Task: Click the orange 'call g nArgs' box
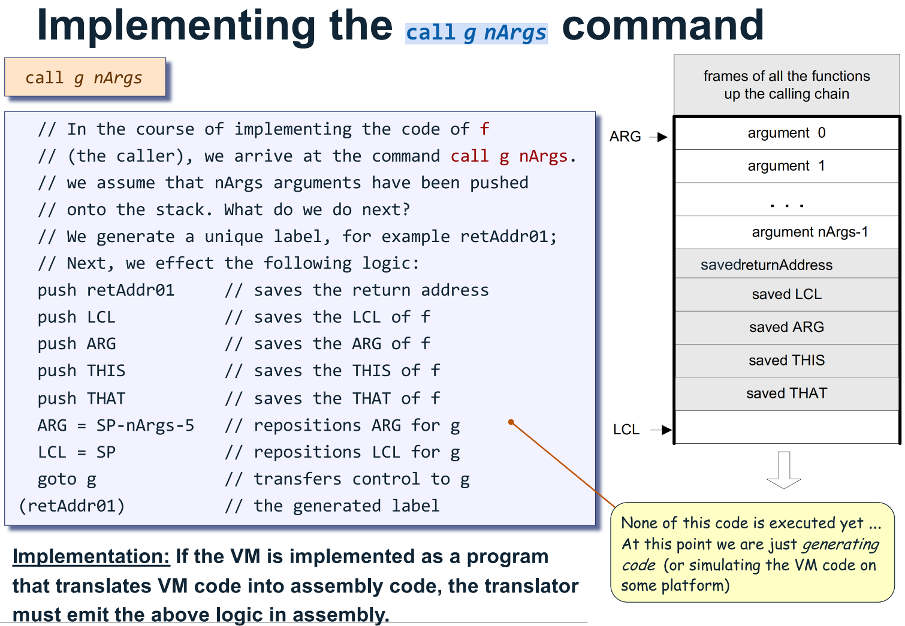point(85,77)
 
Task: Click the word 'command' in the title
point(662,25)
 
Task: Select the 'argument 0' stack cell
point(786,133)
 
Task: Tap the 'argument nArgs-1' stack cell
point(786,232)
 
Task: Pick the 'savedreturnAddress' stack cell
point(786,265)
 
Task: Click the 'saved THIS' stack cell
point(786,360)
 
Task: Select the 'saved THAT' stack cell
point(786,394)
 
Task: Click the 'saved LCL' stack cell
point(786,294)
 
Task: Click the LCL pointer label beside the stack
point(626,430)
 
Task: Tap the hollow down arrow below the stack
point(783,470)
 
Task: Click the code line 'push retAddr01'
point(106,291)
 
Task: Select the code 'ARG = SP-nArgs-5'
point(116,426)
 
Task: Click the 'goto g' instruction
point(67,479)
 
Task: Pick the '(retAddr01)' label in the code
point(72,506)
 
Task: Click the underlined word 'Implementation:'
point(91,557)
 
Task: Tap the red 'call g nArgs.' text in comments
point(512,156)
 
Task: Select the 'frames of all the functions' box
point(786,85)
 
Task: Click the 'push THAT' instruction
point(82,399)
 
